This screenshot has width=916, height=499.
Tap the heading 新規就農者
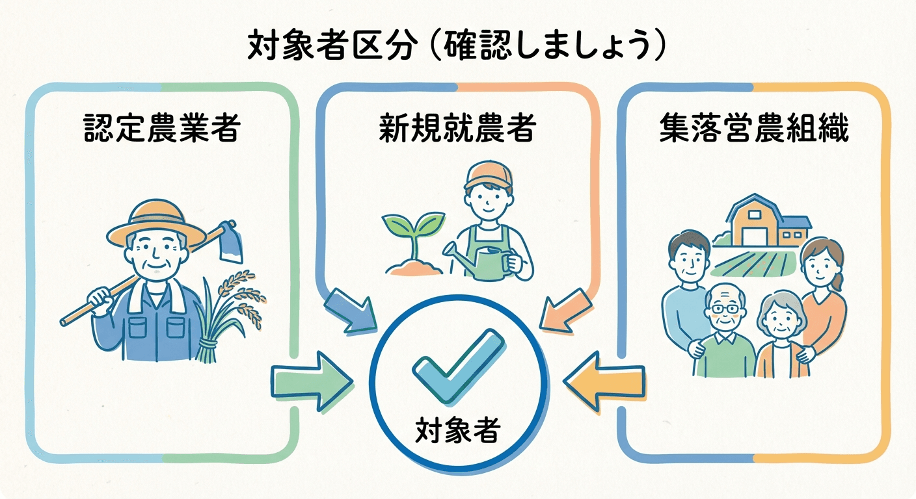(457, 128)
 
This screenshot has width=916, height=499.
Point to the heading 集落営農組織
(754, 128)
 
